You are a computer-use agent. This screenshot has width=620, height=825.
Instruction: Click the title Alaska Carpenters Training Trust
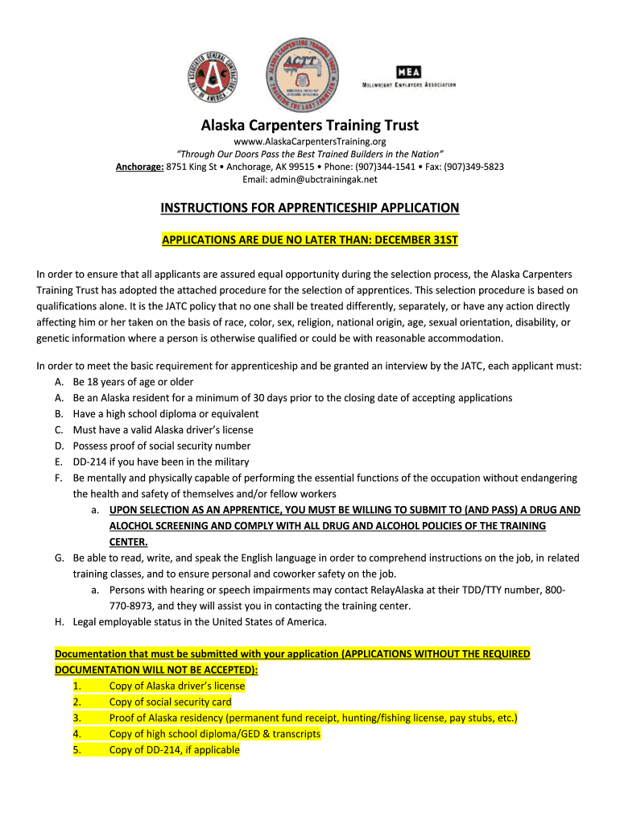(x=309, y=126)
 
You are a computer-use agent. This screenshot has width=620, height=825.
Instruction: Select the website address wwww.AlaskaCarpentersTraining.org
(x=310, y=142)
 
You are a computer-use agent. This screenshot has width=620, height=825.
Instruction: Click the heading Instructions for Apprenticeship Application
(x=309, y=208)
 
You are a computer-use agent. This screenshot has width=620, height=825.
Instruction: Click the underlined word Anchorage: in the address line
(x=139, y=167)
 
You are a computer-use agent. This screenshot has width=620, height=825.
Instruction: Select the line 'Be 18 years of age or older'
(x=133, y=382)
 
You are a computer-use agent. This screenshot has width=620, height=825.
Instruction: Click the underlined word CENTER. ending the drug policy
(x=129, y=541)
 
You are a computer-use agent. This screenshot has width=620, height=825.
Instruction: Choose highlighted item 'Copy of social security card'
(x=170, y=702)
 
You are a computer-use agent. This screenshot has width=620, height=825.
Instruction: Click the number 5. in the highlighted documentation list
(x=76, y=750)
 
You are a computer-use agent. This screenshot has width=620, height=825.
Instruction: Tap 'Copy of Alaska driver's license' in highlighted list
(x=176, y=686)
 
